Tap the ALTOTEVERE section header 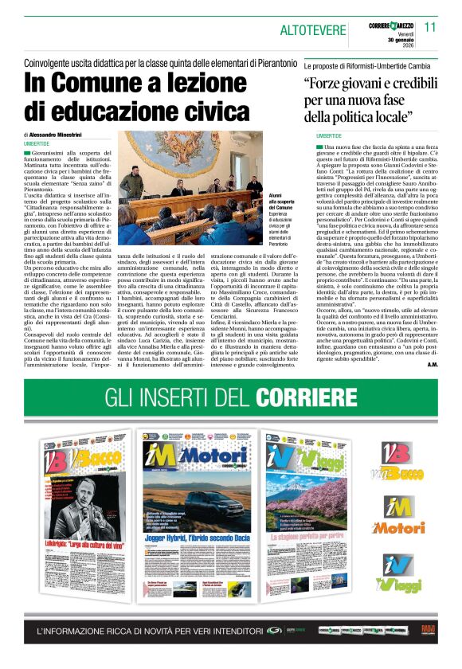coord(312,29)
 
